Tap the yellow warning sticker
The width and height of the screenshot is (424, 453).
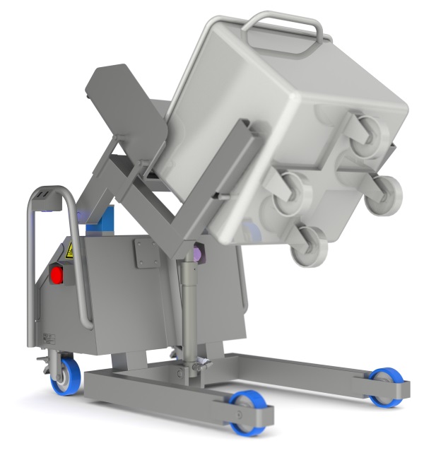click(x=70, y=249)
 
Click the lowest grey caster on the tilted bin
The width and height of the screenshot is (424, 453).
click(x=309, y=245)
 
